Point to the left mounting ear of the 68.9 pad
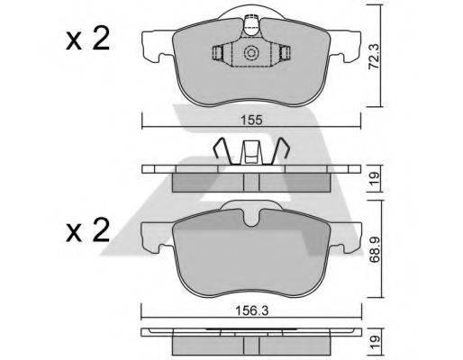(x=157, y=236)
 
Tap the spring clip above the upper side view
(x=251, y=151)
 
